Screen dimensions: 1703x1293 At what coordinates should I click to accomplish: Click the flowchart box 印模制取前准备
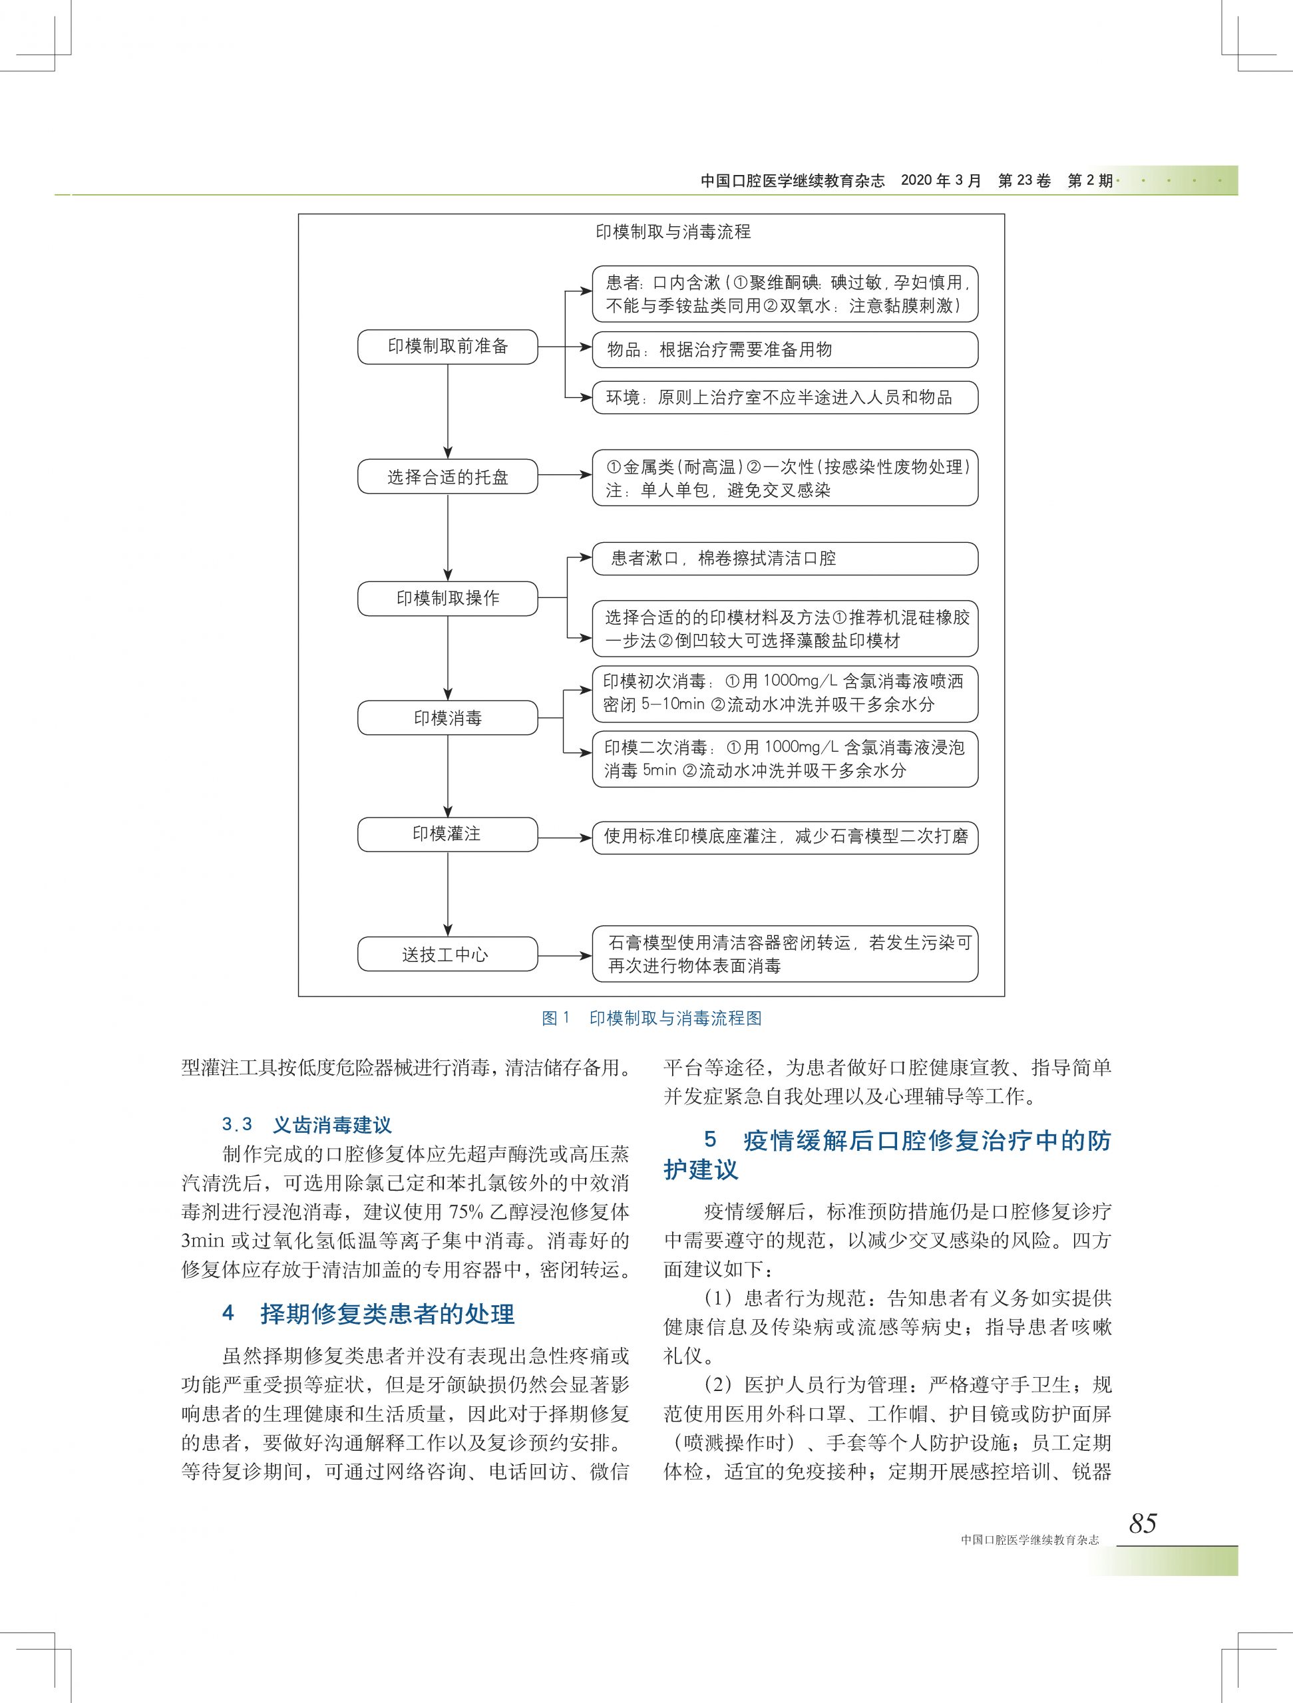(x=447, y=347)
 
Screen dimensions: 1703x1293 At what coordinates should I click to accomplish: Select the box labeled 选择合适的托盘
(x=447, y=476)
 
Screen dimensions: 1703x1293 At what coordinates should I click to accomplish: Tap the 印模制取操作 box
(x=447, y=598)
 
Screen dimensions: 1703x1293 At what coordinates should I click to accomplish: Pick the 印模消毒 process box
(x=447, y=718)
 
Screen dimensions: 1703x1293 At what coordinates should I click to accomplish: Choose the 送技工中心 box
(x=447, y=955)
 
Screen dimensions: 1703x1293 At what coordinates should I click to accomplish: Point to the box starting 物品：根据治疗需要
(x=785, y=349)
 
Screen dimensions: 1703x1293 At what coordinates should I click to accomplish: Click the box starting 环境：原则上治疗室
(x=785, y=397)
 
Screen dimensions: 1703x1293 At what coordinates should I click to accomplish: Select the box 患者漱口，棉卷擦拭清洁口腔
(x=785, y=558)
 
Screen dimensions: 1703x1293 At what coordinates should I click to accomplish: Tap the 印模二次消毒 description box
(x=785, y=758)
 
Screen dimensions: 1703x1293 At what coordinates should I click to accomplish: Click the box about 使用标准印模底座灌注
(x=785, y=836)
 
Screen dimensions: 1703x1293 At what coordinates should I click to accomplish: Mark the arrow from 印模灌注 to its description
(x=564, y=837)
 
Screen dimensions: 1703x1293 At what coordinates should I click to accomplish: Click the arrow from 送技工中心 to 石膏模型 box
(x=564, y=956)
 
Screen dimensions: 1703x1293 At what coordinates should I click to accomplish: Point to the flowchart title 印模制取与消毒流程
(x=673, y=232)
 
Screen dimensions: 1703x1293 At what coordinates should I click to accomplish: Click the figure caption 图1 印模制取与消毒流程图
(x=651, y=1018)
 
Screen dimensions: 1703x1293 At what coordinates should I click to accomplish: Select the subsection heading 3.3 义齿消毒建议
(x=307, y=1125)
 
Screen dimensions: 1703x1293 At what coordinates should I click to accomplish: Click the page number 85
(x=1143, y=1523)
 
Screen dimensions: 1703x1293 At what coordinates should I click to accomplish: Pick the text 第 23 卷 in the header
(x=1023, y=181)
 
